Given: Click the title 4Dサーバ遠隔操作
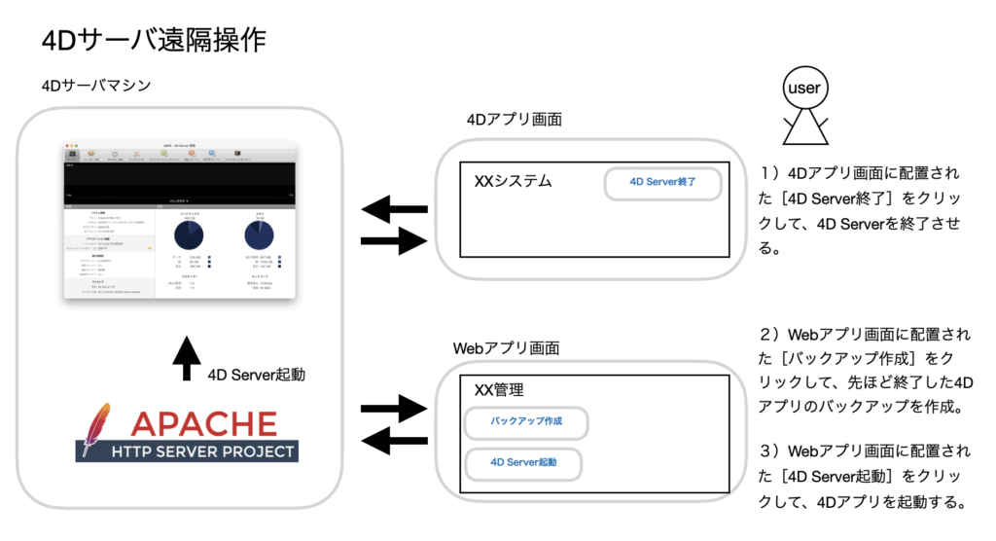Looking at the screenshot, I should pos(154,41).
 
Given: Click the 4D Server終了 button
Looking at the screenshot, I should pos(662,182).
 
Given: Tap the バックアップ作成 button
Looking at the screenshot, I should pos(525,422).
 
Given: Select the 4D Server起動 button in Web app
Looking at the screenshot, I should pos(523,463).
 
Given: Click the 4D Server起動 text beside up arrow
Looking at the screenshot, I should pos(256,374).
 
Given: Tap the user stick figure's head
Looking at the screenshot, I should pos(804,89).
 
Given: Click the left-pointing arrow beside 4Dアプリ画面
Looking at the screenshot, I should pos(394,208).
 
